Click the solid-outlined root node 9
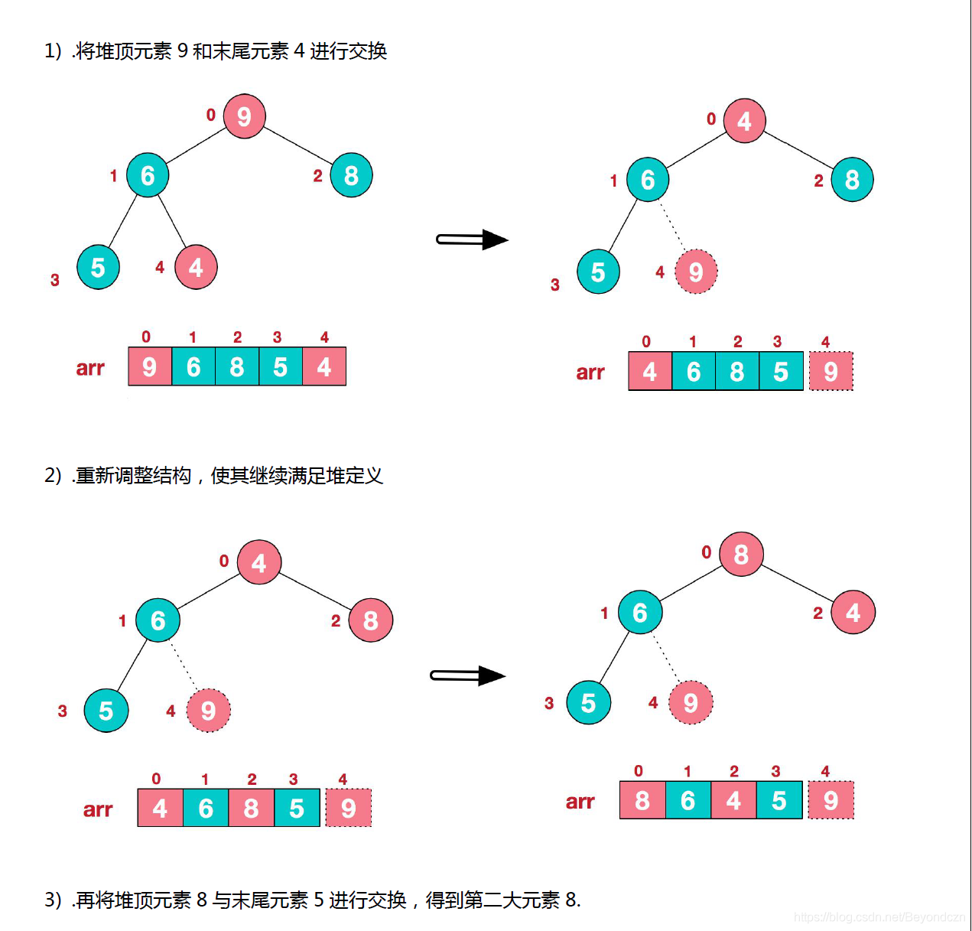coord(244,116)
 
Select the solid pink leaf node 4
coord(196,267)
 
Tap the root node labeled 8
coord(740,554)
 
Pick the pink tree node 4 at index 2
coord(853,612)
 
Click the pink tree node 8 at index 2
coord(370,620)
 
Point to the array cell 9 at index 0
coord(150,366)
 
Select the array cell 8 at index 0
coord(642,800)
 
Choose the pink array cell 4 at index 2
coord(733,800)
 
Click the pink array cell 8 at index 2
coord(251,808)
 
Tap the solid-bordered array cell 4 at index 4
coord(324,366)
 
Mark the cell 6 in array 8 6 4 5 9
coord(688,800)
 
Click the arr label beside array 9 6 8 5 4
coord(90,368)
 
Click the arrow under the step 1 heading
coord(471,239)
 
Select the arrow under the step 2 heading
coord(467,675)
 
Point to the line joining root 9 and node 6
coord(197,145)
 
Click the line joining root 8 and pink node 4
coord(797,583)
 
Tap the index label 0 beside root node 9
coord(211,115)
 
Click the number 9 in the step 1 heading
coord(182,51)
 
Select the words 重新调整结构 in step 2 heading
coord(133,476)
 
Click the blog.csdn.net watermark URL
coord(879,916)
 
